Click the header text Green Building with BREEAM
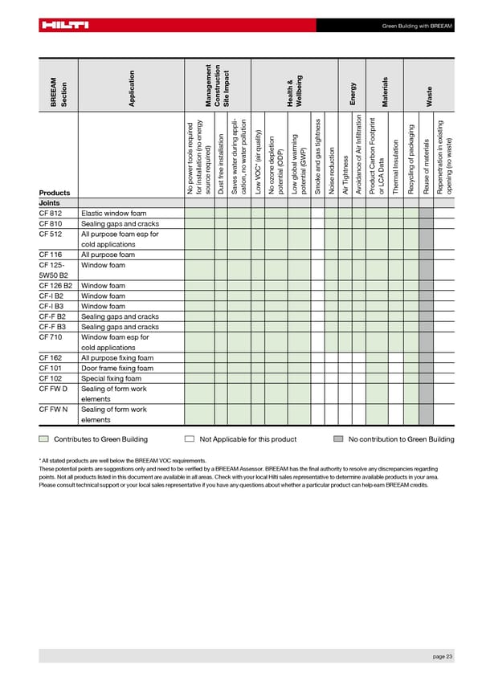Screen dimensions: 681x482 click(x=418, y=26)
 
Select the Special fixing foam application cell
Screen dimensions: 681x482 click(x=112, y=379)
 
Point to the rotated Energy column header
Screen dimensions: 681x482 click(x=353, y=92)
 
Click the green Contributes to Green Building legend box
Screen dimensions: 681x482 click(x=43, y=439)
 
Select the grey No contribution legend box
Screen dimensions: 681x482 click(x=339, y=439)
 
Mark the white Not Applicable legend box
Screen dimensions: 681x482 click(x=190, y=439)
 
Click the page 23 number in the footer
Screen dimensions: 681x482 click(x=443, y=658)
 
